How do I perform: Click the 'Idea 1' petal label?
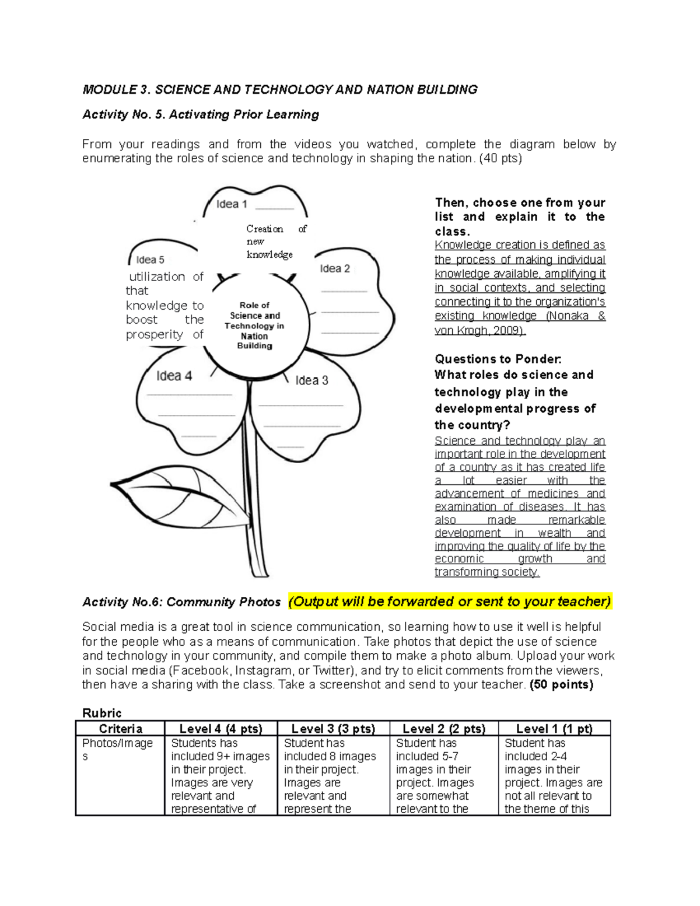[x=232, y=204]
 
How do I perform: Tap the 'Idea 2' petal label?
[x=335, y=268]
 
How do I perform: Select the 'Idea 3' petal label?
[x=311, y=380]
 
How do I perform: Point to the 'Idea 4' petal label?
[x=174, y=376]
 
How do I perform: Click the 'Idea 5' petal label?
[x=150, y=260]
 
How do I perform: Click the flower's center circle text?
[x=254, y=326]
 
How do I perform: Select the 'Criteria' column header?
[x=120, y=729]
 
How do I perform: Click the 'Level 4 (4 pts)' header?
[x=220, y=729]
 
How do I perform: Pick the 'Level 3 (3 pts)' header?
[x=332, y=729]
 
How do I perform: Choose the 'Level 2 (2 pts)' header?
[x=443, y=729]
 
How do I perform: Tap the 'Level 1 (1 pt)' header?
[x=554, y=729]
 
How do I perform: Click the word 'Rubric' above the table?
[x=102, y=713]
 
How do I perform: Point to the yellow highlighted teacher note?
[x=450, y=601]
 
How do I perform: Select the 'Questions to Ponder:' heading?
[x=498, y=359]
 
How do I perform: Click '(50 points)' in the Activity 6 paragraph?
[x=561, y=684]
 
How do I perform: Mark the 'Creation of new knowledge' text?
[x=274, y=242]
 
